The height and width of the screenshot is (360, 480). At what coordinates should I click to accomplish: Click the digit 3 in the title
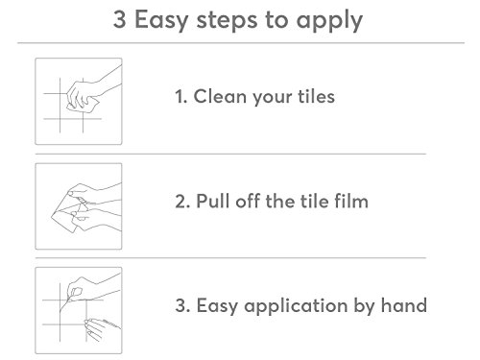point(119,19)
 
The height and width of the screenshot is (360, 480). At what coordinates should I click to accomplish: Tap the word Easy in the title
point(161,21)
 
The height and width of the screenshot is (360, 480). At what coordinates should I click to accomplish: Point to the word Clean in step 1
point(220,96)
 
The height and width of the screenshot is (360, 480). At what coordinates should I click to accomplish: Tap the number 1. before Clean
point(180,97)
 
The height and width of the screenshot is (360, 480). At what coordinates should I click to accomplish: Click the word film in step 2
point(351,202)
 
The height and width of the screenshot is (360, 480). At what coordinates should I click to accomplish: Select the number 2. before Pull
point(182,202)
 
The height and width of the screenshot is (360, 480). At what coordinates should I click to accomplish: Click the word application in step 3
point(296,306)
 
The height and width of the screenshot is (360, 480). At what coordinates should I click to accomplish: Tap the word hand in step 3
point(404,305)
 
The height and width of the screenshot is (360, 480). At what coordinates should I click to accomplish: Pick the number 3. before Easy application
point(182,305)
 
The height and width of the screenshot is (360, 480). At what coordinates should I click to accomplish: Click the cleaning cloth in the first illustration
point(84,106)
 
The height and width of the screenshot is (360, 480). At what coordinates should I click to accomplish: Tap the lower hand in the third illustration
point(102,329)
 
